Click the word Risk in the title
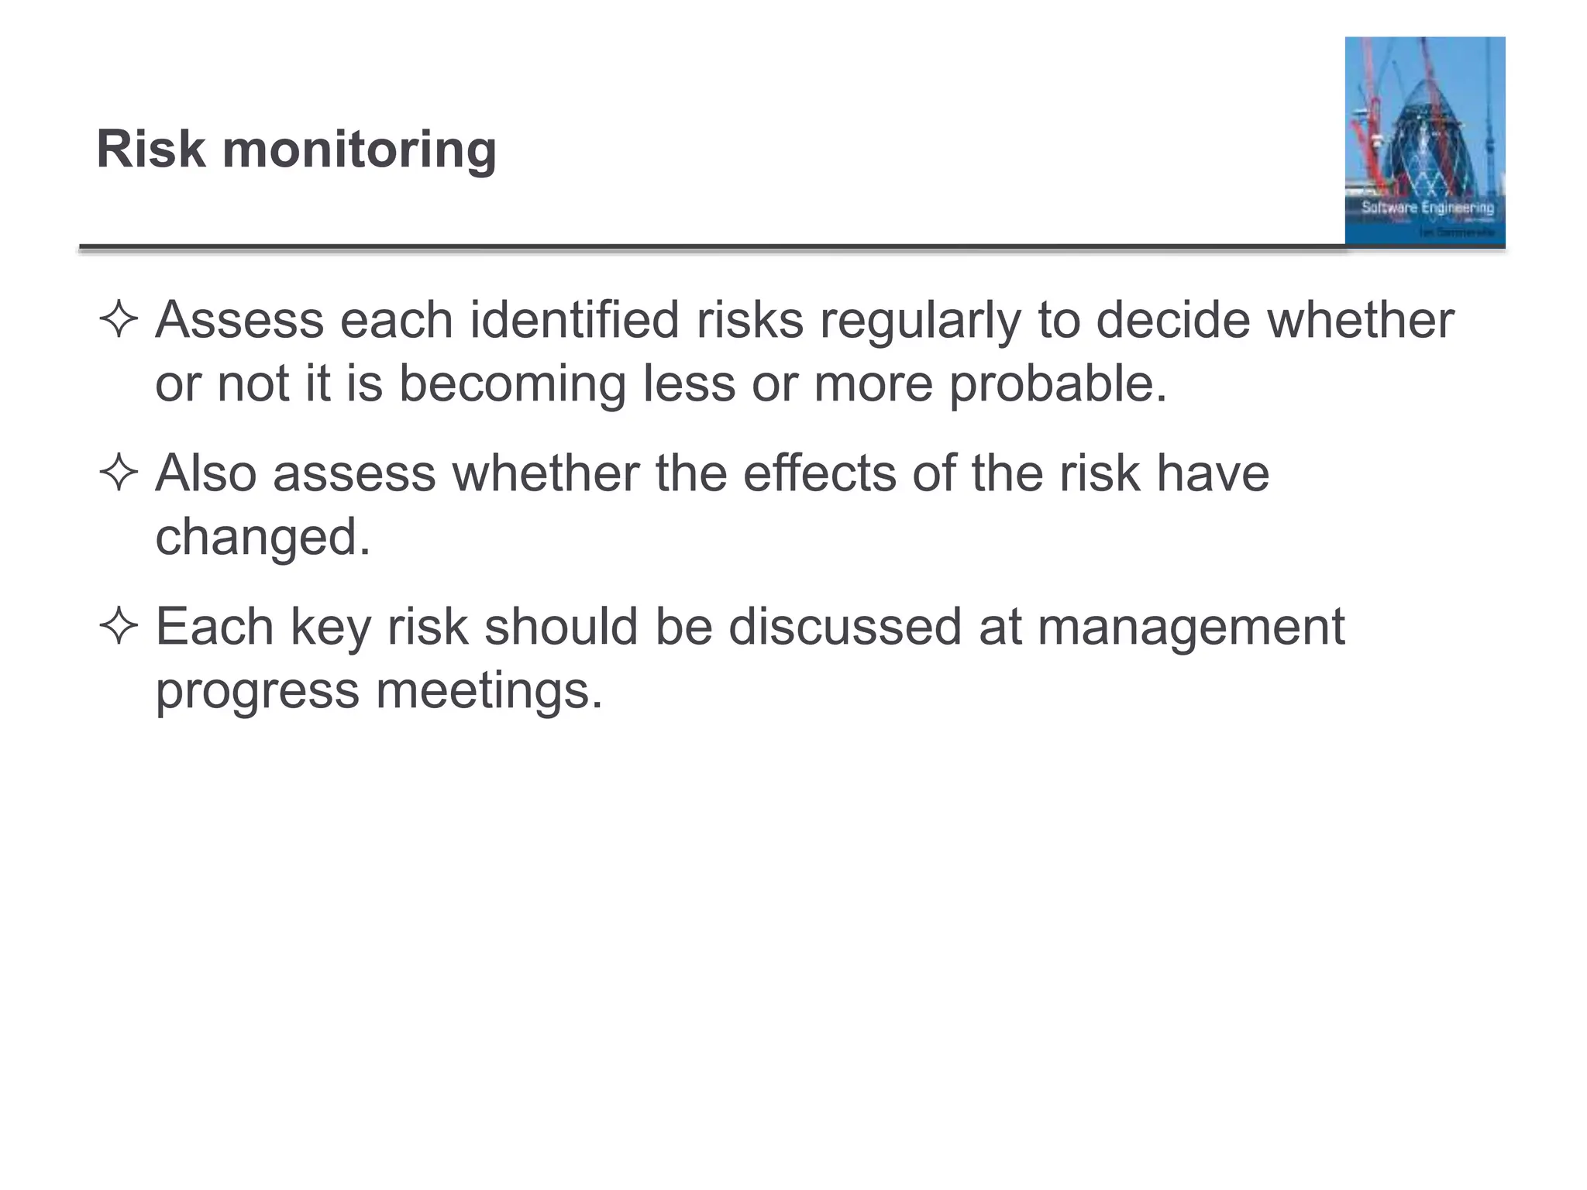151,149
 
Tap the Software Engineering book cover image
1424,141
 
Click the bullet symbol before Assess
119,320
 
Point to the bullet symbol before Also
119,473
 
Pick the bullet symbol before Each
119,627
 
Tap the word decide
1173,319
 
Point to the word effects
819,473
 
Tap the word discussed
845,626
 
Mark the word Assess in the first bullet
239,319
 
